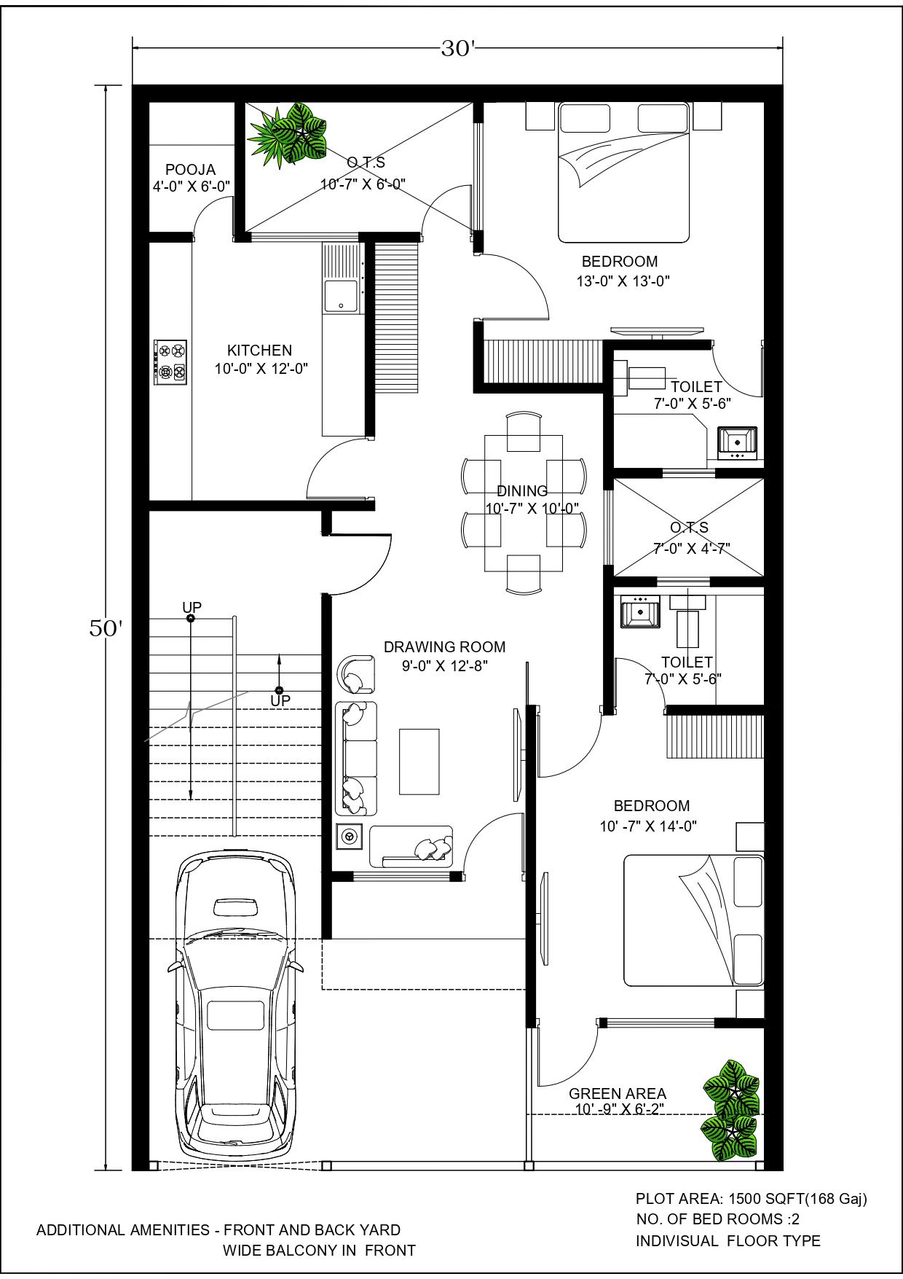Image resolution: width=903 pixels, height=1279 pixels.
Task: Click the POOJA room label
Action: tap(190, 170)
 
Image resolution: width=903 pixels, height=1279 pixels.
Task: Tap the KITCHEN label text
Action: tap(259, 350)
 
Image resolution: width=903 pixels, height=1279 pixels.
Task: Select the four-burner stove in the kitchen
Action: tap(170, 362)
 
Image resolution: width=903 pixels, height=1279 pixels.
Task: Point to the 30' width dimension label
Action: tap(458, 49)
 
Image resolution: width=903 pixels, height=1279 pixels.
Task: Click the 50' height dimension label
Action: tap(106, 629)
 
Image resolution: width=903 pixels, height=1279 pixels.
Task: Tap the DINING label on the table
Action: tap(522, 491)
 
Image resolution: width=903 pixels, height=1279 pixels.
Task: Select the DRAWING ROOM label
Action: tap(444, 646)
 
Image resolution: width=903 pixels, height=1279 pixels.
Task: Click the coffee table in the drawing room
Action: tap(419, 761)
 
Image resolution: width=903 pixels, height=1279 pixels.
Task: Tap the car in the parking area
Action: tap(236, 1008)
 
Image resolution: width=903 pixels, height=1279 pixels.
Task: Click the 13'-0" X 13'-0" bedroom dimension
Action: tap(623, 281)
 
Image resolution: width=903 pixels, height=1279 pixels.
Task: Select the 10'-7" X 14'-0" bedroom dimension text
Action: tap(648, 826)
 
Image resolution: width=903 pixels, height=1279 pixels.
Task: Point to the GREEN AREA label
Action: tap(618, 1093)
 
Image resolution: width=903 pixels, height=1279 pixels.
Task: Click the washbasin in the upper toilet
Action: tap(738, 443)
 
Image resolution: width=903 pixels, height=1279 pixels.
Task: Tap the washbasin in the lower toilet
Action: tap(640, 611)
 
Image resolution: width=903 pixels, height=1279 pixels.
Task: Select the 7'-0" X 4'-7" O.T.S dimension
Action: tap(691, 548)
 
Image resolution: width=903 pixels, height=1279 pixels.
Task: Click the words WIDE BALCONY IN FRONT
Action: tap(319, 1251)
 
